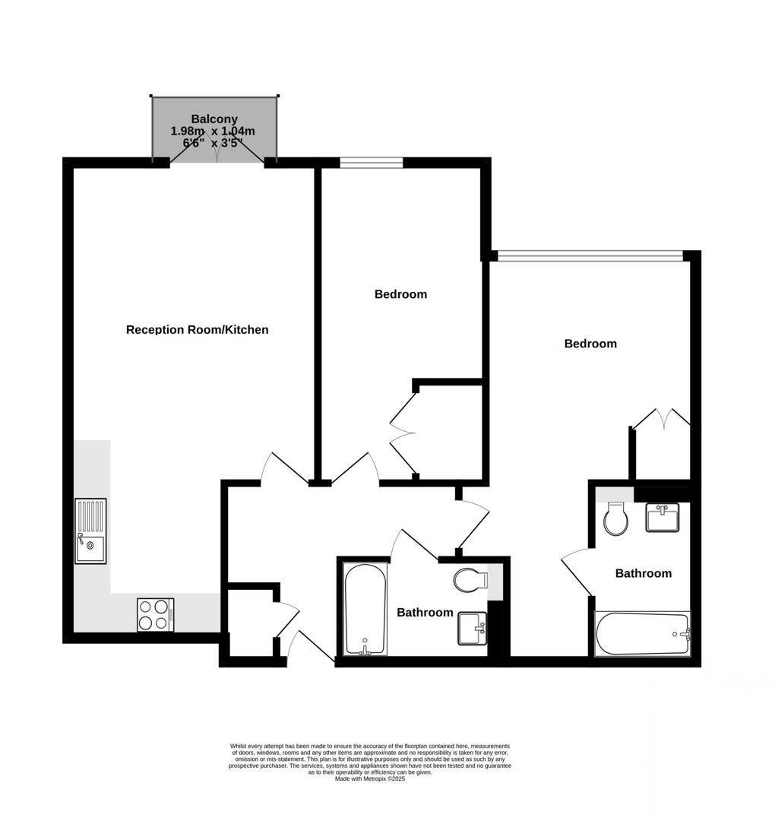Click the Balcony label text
pyautogui.click(x=214, y=119)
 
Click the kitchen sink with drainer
pyautogui.click(x=90, y=530)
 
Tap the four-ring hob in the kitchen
pyautogui.click(x=154, y=614)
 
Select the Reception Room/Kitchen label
pyautogui.click(x=197, y=330)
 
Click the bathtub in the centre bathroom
pyautogui.click(x=364, y=609)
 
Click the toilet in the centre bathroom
pyautogui.click(x=469, y=582)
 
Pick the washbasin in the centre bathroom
pyautogui.click(x=472, y=629)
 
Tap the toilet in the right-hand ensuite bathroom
pyautogui.click(x=615, y=521)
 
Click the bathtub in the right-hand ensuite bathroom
pyautogui.click(x=642, y=634)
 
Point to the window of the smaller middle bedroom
pyautogui.click(x=371, y=161)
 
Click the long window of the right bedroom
pyautogui.click(x=589, y=255)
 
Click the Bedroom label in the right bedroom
pyautogui.click(x=590, y=344)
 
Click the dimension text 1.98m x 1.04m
pyautogui.click(x=213, y=132)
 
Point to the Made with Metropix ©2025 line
pyautogui.click(x=370, y=778)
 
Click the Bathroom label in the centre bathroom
pyautogui.click(x=425, y=613)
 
